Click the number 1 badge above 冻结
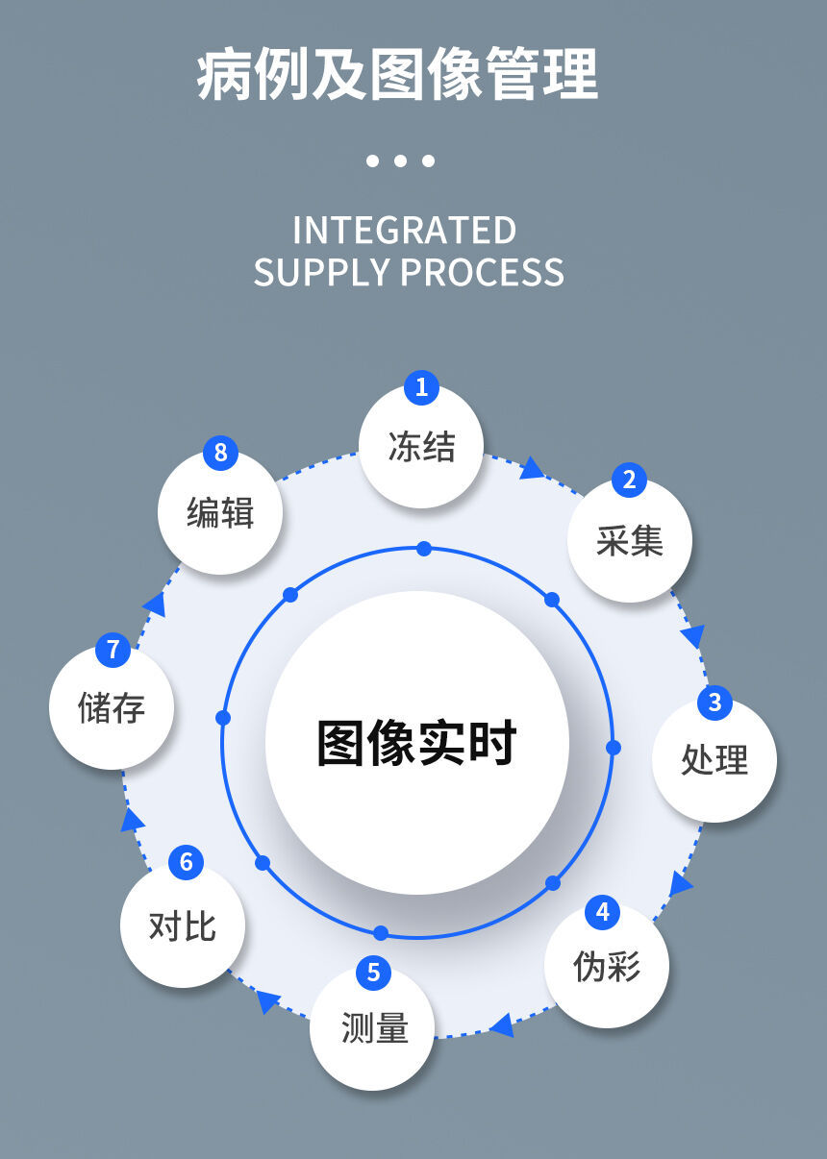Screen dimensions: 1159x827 (421, 388)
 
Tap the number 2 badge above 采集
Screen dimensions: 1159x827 (629, 480)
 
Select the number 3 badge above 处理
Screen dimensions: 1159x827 (714, 703)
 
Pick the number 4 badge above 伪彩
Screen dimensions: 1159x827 (603, 911)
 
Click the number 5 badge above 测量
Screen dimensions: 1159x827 (373, 973)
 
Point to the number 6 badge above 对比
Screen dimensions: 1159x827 (187, 862)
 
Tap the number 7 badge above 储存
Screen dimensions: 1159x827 (113, 650)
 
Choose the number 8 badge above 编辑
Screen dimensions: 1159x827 (220, 453)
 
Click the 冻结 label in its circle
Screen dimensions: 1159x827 (421, 447)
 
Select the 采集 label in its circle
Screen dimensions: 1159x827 (629, 541)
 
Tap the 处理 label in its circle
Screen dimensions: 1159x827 (714, 760)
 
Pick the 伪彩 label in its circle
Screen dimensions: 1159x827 (607, 967)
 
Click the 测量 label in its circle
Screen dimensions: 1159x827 (374, 1028)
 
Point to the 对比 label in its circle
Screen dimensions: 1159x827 (183, 926)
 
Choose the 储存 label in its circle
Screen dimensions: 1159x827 (112, 709)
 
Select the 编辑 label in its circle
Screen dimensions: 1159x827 (220, 513)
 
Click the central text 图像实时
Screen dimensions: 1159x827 (417, 743)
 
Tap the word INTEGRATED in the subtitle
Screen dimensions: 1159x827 (405, 231)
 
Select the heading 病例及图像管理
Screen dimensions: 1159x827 (398, 75)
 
